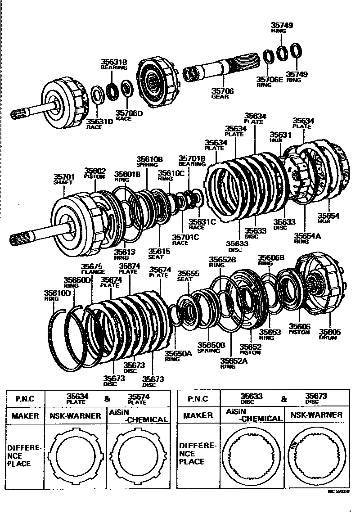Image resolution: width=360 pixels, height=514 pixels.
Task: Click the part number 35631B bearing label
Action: coord(114,64)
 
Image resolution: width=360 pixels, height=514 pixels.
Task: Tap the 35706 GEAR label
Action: coord(223,94)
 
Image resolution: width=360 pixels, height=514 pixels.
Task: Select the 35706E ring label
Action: coord(270,82)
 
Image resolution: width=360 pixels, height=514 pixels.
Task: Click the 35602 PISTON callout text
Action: coord(94,173)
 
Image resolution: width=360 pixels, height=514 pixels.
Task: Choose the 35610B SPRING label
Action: coord(150,162)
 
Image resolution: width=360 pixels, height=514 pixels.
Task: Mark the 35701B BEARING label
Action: coord(192,161)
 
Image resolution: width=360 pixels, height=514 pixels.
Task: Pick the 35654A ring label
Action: coord(307,238)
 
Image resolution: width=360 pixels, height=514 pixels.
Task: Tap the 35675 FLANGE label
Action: coord(92,269)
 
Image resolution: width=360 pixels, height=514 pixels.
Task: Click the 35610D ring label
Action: coord(57,295)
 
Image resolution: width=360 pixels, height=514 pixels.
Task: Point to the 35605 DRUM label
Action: coord(329,334)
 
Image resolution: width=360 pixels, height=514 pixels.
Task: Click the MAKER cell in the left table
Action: coord(25,415)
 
